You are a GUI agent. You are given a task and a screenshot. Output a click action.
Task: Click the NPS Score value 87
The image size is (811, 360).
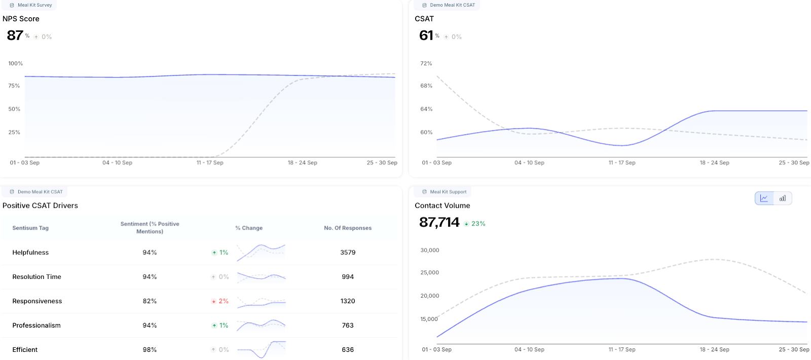(x=15, y=35)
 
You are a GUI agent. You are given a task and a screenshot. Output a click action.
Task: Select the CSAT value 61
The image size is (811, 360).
(x=426, y=35)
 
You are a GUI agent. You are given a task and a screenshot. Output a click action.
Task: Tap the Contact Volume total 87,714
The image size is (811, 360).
(x=439, y=223)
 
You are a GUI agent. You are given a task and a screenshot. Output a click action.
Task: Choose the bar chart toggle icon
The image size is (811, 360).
(x=783, y=198)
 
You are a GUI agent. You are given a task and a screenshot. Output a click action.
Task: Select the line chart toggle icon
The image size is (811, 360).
(x=764, y=198)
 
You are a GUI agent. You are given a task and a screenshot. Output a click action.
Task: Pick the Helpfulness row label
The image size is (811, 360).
(x=30, y=253)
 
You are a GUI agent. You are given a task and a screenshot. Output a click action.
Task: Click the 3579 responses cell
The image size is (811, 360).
(x=348, y=253)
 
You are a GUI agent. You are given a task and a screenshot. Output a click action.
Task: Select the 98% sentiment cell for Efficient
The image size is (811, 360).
(x=150, y=350)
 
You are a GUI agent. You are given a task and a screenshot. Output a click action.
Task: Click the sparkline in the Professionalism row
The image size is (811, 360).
(x=261, y=325)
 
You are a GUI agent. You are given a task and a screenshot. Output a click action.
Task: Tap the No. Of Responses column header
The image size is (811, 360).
(x=348, y=228)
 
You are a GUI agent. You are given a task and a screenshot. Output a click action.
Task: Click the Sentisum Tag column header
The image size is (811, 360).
(x=30, y=228)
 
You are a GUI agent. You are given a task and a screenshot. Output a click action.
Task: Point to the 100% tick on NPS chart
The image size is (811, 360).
(x=16, y=63)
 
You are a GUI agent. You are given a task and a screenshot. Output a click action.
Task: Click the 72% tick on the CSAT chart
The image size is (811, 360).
(x=426, y=63)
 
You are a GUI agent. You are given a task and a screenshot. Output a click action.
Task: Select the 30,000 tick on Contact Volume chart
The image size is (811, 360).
(x=430, y=250)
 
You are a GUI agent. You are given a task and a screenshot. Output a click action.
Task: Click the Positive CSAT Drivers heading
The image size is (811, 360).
(x=40, y=205)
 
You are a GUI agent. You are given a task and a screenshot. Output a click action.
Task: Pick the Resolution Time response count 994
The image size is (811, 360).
(x=348, y=277)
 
